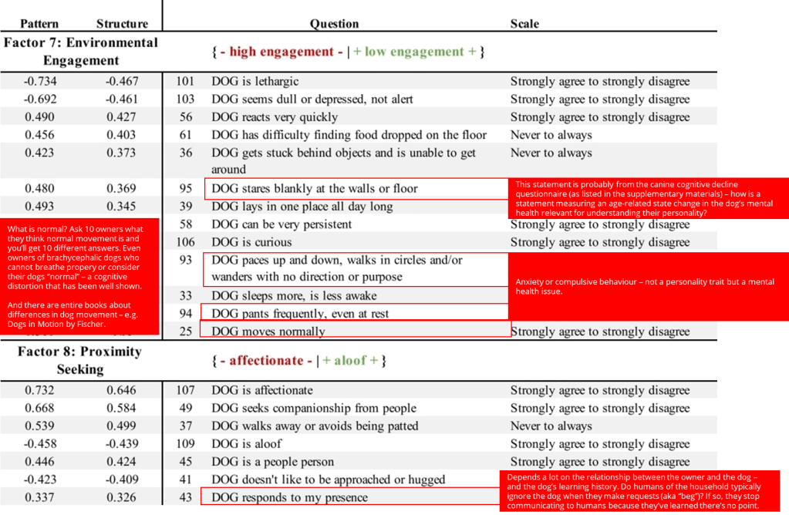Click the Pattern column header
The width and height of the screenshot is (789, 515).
coord(39,24)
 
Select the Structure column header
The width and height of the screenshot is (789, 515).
coord(122,24)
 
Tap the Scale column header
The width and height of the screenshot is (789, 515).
coord(524,24)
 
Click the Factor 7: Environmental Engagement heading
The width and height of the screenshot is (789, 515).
coord(80,51)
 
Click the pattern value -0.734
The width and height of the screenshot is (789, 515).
coord(39,81)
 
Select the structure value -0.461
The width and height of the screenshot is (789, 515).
coord(122,99)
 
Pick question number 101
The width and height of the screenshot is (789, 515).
coord(185,81)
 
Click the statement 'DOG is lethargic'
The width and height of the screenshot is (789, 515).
coord(255,81)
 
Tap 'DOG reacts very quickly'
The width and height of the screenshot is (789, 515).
coord(275,117)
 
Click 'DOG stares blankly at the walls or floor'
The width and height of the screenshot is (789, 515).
coord(314,188)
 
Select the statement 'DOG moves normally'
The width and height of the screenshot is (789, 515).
coord(268,332)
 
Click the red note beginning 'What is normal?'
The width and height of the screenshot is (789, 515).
coord(80,277)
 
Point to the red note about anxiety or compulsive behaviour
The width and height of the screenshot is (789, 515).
coord(645,287)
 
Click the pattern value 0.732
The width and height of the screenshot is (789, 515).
coord(39,390)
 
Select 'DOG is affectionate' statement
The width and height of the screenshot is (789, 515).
coord(262,390)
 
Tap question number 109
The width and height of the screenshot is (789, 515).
coord(185,443)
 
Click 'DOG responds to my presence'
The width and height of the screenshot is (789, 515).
coord(289,497)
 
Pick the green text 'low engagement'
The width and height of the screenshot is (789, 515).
coord(414,52)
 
